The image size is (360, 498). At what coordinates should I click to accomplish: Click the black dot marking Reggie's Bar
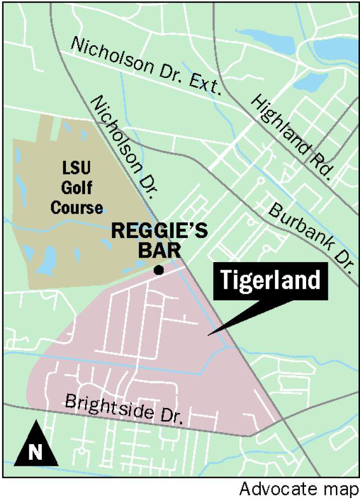(x=159, y=271)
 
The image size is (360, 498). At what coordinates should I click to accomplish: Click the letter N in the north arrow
(x=35, y=452)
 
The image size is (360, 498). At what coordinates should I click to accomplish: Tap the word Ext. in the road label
(x=204, y=85)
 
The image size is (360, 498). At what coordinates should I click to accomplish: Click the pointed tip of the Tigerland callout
(x=211, y=334)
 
